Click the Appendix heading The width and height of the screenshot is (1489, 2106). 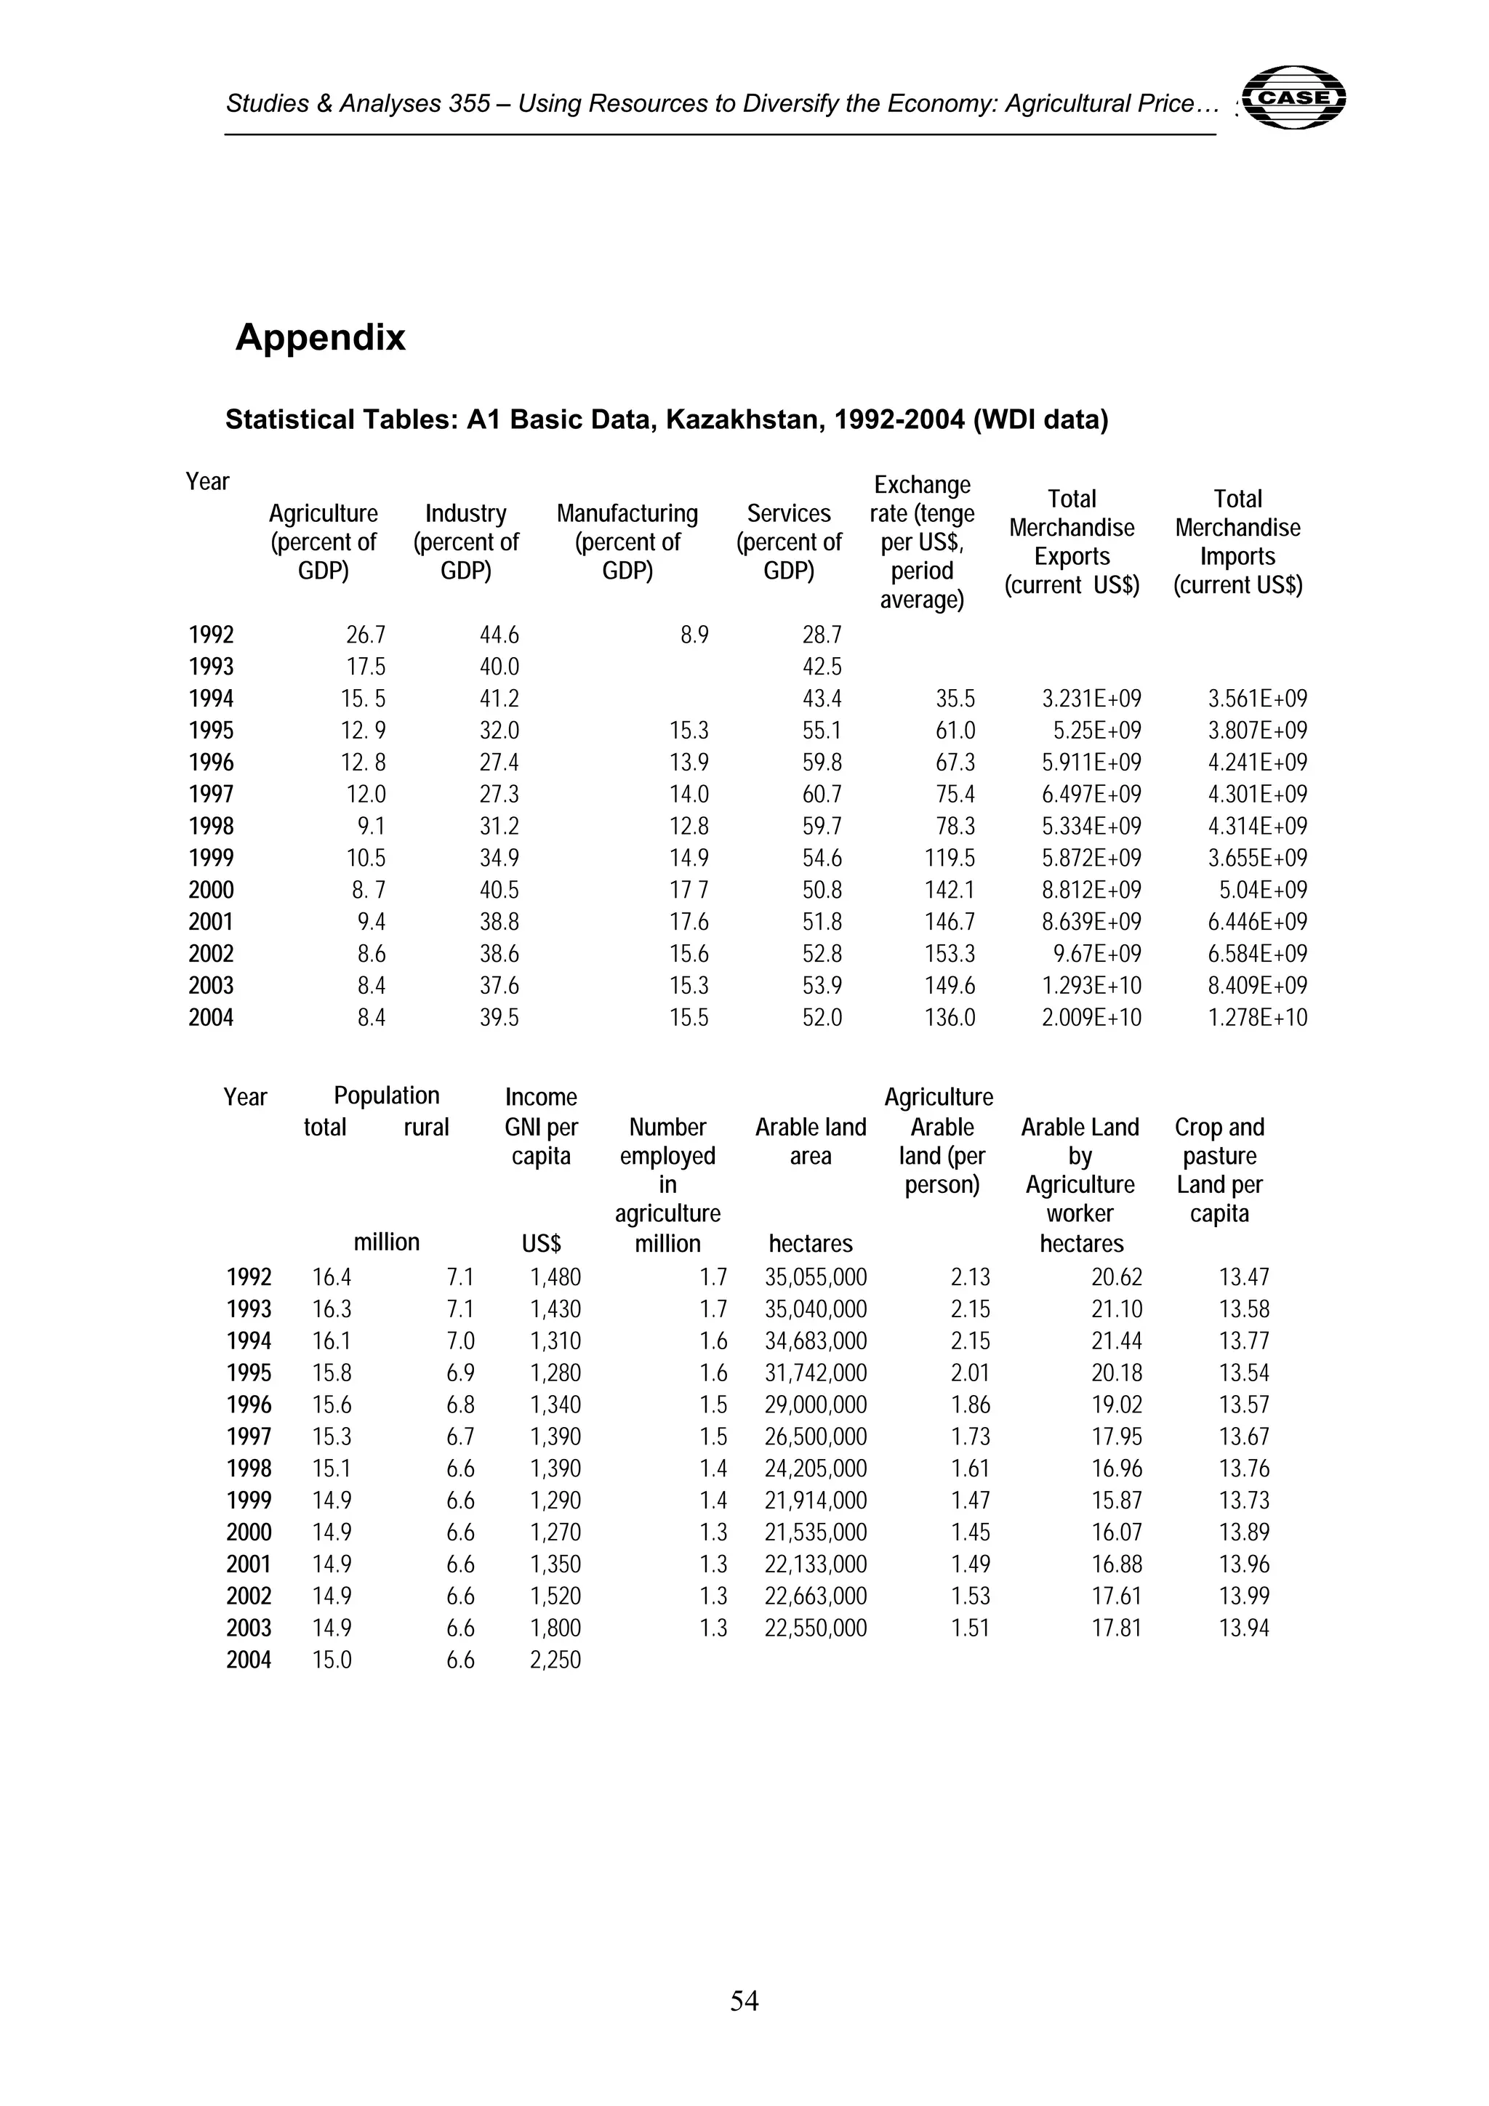point(320,337)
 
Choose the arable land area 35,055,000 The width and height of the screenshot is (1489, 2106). point(816,1277)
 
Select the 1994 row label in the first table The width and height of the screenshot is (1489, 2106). point(211,699)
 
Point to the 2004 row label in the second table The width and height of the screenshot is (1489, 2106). point(249,1660)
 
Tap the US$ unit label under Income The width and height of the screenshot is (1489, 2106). point(541,1244)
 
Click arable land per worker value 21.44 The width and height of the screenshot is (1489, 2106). point(1117,1341)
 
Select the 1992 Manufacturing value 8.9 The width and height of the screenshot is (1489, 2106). point(694,635)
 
